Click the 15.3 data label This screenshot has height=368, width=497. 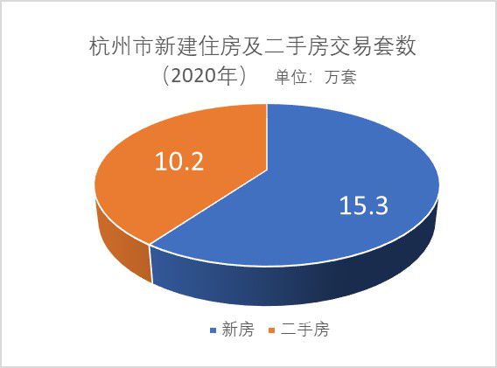363,205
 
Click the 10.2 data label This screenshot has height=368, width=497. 179,161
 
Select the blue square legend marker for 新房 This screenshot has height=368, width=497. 213,330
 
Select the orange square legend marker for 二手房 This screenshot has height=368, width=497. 271,330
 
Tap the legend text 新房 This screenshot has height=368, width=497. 238,330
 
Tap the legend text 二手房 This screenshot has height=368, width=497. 304,330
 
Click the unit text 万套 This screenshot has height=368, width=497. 340,77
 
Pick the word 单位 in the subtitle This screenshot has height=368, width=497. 290,77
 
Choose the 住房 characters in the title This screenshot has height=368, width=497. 220,47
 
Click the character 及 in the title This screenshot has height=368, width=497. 252,47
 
